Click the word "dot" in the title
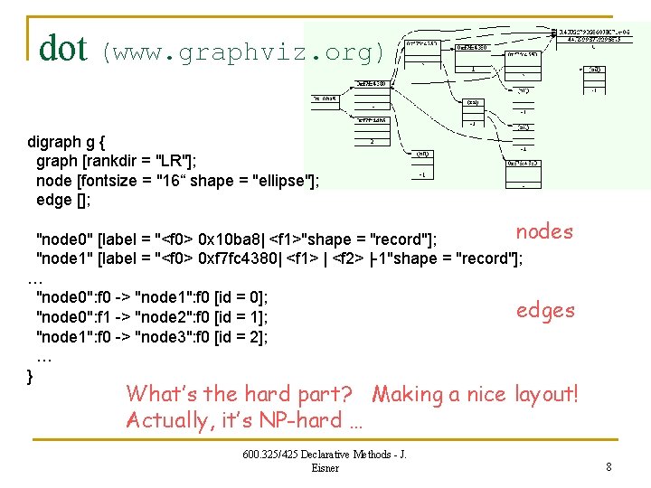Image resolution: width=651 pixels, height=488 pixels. [x=62, y=48]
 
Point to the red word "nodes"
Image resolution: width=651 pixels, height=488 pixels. [x=544, y=232]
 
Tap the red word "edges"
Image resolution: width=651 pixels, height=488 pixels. [x=545, y=311]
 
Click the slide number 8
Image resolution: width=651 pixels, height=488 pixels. [x=609, y=466]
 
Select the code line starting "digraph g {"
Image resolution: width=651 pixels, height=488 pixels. [x=67, y=142]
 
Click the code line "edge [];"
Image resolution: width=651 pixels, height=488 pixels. [x=63, y=199]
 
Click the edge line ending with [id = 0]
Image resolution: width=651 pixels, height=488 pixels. [x=152, y=297]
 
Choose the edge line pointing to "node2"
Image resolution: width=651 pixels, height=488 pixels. [x=152, y=317]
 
